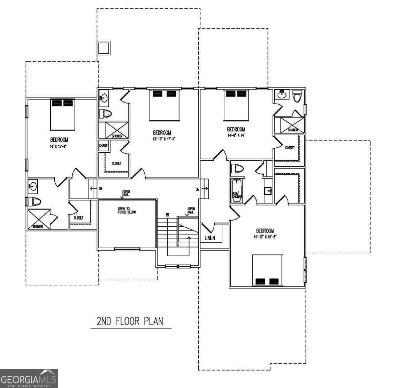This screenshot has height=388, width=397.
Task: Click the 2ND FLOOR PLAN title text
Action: tap(130, 321)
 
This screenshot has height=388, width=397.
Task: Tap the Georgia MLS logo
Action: tap(29, 378)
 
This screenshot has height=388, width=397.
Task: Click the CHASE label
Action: tap(103, 146)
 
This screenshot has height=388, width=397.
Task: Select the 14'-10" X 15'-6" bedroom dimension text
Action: tap(265, 237)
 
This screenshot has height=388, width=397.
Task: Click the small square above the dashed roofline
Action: tap(104, 48)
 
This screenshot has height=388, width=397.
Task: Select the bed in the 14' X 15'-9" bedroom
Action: tap(63, 114)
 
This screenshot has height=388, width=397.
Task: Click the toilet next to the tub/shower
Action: tap(238, 168)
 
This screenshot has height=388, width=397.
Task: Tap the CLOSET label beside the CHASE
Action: tap(116, 163)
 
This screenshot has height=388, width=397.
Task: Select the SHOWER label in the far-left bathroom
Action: tap(38, 226)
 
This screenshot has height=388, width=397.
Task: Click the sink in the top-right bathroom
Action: tap(282, 95)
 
